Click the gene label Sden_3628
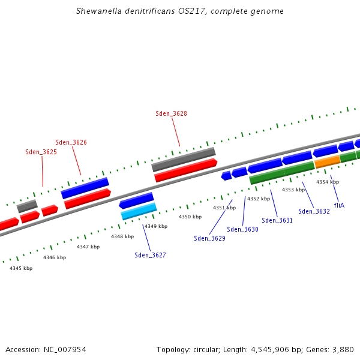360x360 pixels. click(x=171, y=113)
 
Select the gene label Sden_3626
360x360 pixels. click(x=71, y=142)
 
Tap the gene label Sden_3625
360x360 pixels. click(x=41, y=152)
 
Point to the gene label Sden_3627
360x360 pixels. click(x=150, y=255)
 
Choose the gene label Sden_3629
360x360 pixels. click(x=209, y=238)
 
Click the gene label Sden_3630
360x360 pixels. click(x=242, y=229)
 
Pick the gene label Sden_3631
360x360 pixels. click(x=277, y=220)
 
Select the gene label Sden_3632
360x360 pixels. click(x=314, y=211)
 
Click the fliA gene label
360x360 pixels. click(x=339, y=205)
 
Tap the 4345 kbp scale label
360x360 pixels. click(x=21, y=268)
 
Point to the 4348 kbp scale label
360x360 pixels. click(x=122, y=236)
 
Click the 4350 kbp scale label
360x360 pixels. click(x=190, y=217)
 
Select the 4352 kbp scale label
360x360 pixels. click(x=259, y=199)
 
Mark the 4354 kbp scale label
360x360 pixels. click(x=328, y=182)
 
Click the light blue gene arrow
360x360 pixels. click(x=139, y=211)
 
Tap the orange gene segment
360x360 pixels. click(x=327, y=161)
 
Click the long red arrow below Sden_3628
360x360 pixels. click(x=185, y=170)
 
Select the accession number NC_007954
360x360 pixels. click(x=64, y=349)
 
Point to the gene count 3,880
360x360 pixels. click(x=343, y=349)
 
